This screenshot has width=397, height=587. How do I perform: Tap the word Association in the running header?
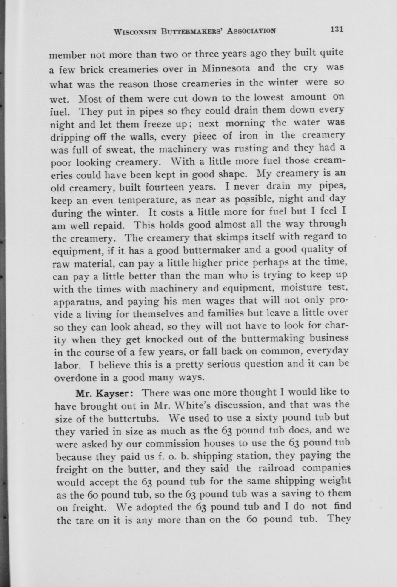pos(252,30)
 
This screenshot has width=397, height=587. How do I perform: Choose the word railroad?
pos(277,468)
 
